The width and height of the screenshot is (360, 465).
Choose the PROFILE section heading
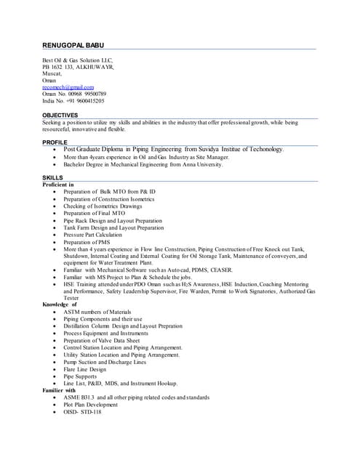(x=55, y=142)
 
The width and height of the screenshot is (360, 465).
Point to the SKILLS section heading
(x=52, y=178)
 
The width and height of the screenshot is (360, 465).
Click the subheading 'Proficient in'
(x=58, y=185)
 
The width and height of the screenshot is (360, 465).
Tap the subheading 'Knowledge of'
(x=60, y=304)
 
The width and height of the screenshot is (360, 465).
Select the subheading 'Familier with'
(x=59, y=390)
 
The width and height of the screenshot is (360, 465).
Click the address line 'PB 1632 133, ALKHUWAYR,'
(x=78, y=67)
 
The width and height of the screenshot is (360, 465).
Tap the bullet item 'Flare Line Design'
(x=84, y=369)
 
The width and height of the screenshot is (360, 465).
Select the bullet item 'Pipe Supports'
(x=80, y=376)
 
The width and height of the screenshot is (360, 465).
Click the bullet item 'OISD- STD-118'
(x=82, y=412)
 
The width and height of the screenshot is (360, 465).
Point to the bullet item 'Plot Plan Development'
(x=90, y=405)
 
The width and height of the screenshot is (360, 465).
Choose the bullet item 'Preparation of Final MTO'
(x=94, y=213)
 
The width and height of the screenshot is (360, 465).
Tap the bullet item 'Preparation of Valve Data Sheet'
(x=101, y=340)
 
